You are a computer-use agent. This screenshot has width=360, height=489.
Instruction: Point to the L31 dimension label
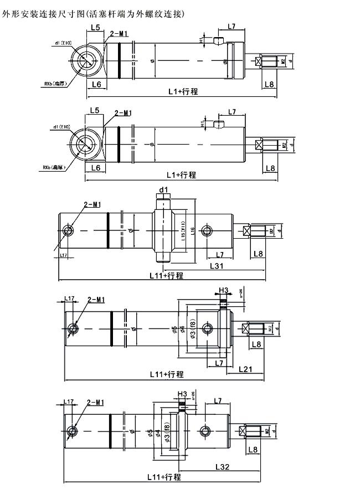pos(217,266)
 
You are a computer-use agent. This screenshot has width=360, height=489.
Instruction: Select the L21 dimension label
pos(247,368)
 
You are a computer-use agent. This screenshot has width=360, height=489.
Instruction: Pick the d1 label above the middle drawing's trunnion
pos(163,190)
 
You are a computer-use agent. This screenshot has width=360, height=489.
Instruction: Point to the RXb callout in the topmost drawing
pos(55,84)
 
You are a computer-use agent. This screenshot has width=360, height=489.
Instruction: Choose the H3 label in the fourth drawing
pos(223,290)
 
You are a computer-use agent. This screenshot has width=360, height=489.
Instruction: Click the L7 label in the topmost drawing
pos(232,26)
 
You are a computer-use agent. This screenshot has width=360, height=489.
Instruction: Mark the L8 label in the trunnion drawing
pos(259,254)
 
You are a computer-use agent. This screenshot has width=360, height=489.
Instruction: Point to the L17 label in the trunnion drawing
pos(65,254)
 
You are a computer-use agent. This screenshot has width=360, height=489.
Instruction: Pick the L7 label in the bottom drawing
pos(218,400)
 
